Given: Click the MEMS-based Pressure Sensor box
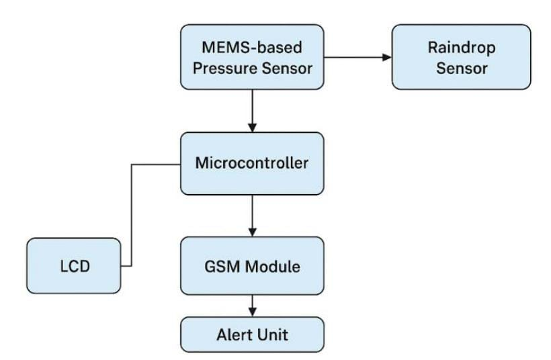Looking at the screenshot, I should click(252, 56).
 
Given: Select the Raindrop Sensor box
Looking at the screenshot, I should click(461, 56).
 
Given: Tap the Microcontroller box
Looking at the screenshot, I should click(252, 163).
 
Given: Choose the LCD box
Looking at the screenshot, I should click(74, 265).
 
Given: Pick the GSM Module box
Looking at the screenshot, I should click(252, 265).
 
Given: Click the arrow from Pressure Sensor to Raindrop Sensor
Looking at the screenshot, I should click(356, 57).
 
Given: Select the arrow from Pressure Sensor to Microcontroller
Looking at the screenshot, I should click(252, 110).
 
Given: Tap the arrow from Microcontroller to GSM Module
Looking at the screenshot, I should click(252, 214).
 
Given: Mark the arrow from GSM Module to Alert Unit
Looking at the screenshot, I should click(252, 306).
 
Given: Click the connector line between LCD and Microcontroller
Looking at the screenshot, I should click(131, 215).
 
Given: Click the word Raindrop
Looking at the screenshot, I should click(461, 48).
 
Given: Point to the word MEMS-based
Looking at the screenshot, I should click(252, 48).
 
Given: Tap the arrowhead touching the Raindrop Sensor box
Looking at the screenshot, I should click(387, 57).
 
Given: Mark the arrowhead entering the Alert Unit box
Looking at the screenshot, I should click(252, 312).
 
